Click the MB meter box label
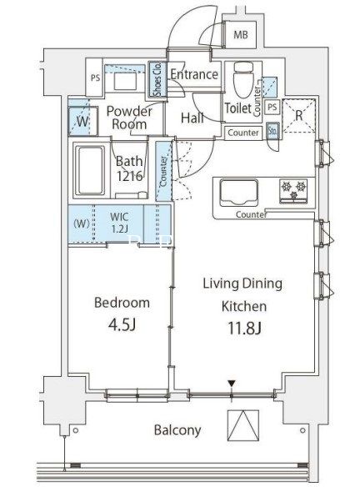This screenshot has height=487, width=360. click(x=241, y=34)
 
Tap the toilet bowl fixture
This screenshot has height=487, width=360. click(x=243, y=79)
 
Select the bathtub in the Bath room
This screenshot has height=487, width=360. click(x=90, y=170)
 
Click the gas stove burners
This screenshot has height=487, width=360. click(x=293, y=190)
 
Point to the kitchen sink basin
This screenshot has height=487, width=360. click(x=238, y=193)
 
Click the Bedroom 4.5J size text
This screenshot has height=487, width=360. click(x=122, y=325)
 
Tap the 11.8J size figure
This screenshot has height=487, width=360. click(x=244, y=328)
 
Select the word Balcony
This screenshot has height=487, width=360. click(x=177, y=430)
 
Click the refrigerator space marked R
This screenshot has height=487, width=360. click(x=299, y=116)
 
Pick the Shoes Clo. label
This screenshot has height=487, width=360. click(x=157, y=79)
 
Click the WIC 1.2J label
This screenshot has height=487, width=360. click(x=119, y=223)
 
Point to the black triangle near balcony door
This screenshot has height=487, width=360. click(x=231, y=384)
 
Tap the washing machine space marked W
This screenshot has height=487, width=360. click(x=82, y=121)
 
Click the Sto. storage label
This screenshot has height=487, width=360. click(x=273, y=131)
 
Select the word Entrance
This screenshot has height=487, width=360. click(x=194, y=74)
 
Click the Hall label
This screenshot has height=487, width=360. click(x=192, y=118)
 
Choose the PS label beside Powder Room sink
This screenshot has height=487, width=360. click(x=95, y=78)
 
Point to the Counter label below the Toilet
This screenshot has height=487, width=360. click(x=243, y=133)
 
